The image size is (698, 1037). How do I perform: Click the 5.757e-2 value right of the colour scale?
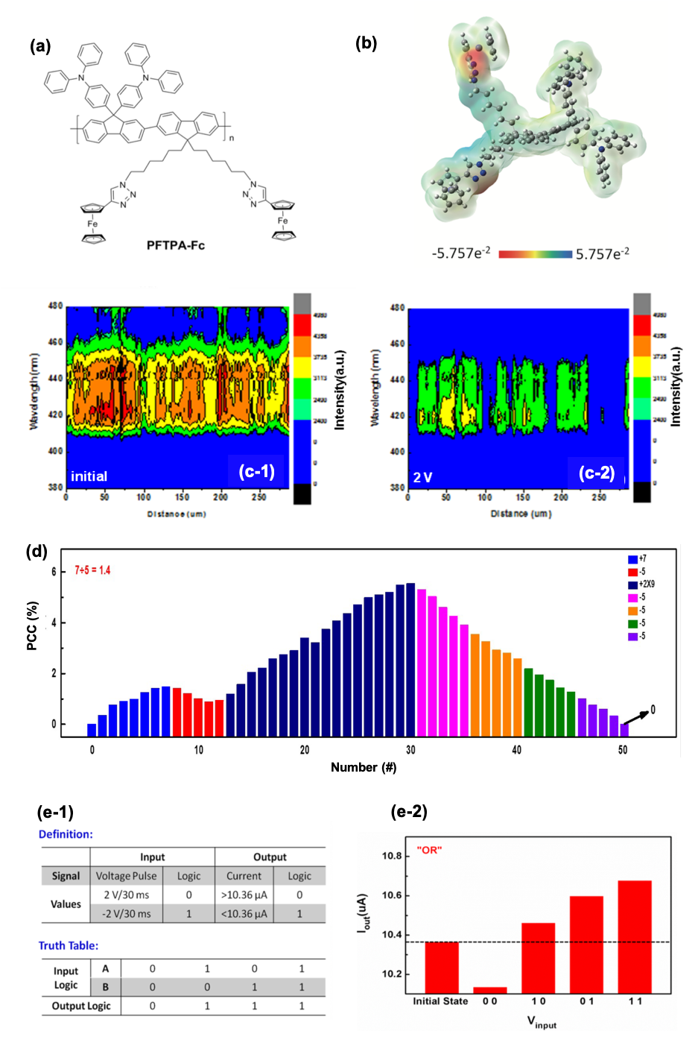point(602,253)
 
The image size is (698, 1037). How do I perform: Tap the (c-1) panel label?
point(256,471)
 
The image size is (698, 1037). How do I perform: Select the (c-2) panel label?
point(597,473)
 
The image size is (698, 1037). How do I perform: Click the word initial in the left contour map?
point(89,476)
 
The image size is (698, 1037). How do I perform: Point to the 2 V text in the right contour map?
point(422,477)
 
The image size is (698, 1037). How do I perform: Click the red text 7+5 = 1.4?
point(92,570)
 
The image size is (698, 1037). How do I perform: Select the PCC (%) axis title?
point(32,625)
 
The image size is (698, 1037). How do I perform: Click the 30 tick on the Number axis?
point(410,749)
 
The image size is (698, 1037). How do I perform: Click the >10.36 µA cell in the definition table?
point(244,895)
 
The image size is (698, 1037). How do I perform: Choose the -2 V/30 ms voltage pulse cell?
point(126,913)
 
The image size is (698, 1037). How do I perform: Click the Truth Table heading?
point(69,945)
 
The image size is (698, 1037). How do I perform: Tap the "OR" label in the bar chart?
point(429,850)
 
